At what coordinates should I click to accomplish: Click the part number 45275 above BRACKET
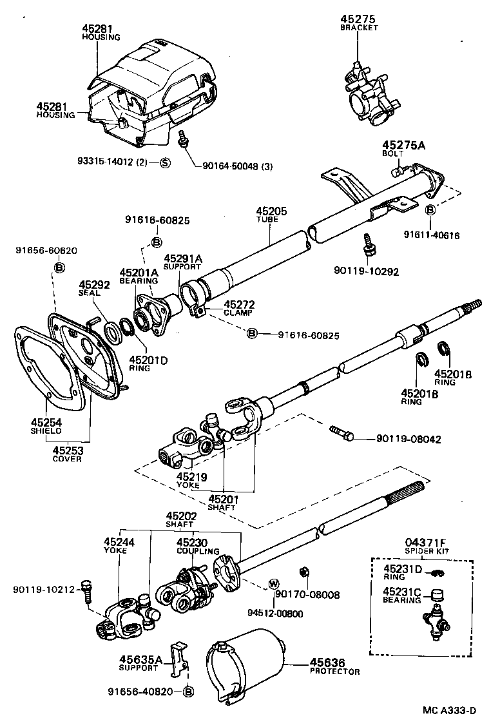pos(359,19)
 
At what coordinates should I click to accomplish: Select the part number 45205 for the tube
pos(271,211)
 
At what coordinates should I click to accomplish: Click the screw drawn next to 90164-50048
pos(184,139)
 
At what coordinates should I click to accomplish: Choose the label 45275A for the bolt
pos(403,146)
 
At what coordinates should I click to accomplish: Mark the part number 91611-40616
pos(432,235)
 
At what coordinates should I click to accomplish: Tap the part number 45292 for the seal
pos(95,284)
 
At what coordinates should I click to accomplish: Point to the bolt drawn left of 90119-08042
pos(341,432)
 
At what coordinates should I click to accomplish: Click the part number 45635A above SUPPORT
pos(138,659)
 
